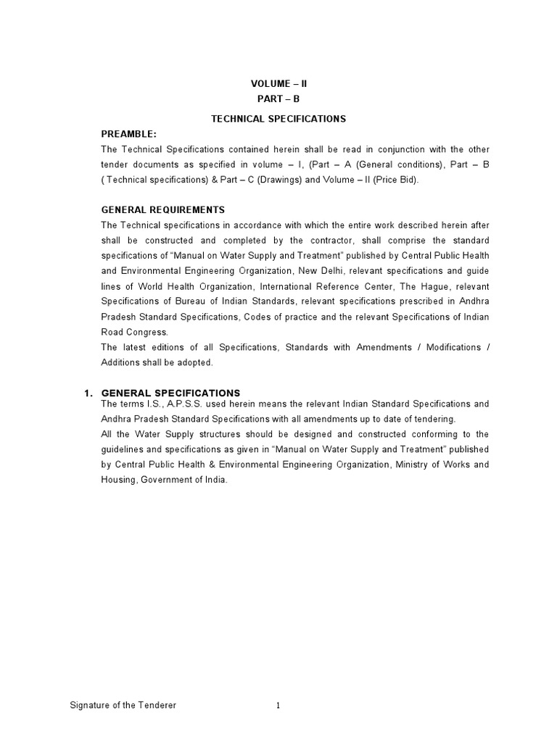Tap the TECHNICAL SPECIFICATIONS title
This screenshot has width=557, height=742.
coord(278,118)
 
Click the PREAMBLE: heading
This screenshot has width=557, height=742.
coord(129,134)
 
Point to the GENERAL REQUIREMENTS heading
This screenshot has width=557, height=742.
coord(163,210)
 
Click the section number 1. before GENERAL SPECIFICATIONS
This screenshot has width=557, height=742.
coord(88,393)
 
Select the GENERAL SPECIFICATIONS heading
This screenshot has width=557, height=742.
coord(170,393)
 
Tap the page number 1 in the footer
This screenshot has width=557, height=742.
coord(277,705)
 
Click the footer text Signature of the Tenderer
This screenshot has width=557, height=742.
coord(123,705)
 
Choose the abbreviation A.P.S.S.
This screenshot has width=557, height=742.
coord(169,404)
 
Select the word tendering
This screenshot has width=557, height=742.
coord(435,419)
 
